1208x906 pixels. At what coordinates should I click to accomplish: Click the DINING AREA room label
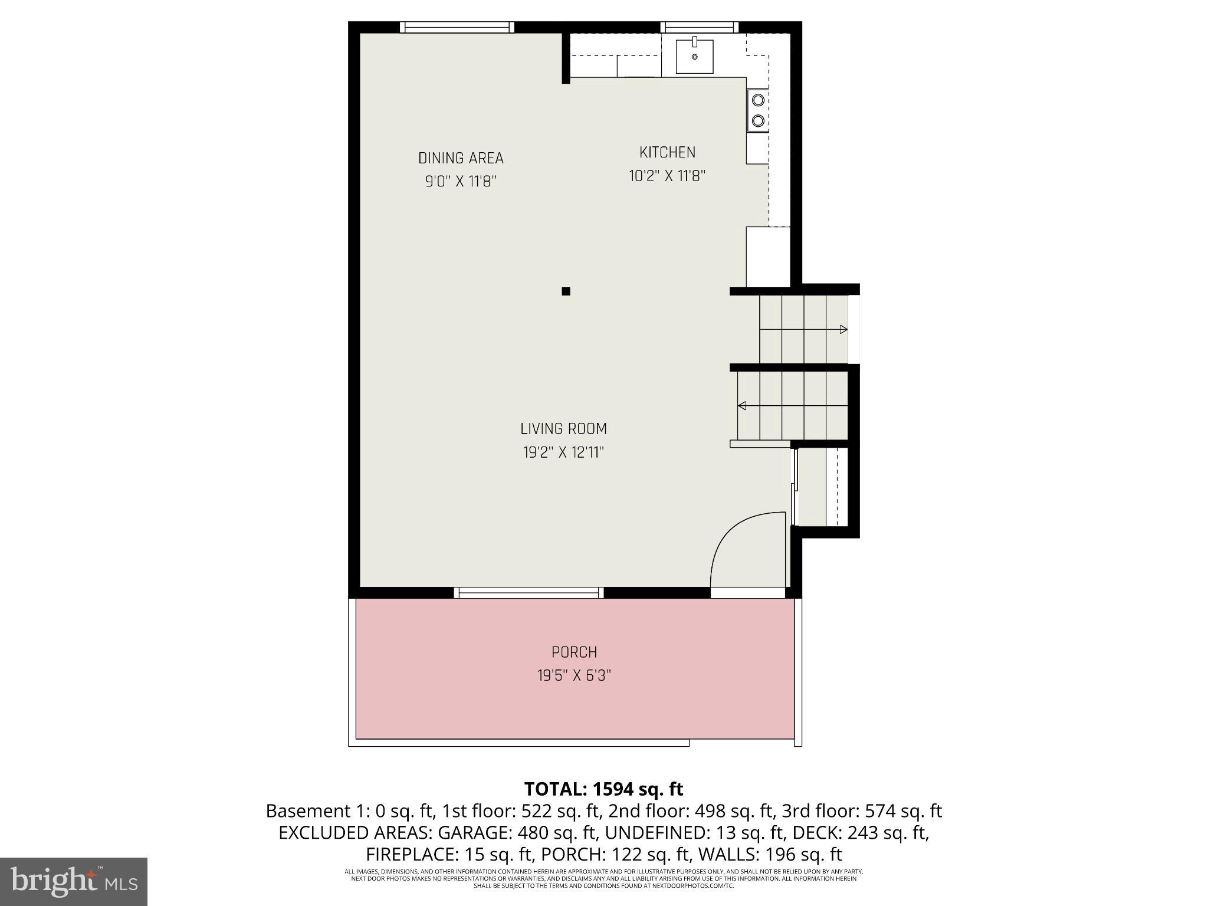tap(461, 158)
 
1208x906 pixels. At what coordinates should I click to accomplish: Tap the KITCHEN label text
tap(667, 152)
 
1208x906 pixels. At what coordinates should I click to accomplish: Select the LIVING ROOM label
tap(563, 429)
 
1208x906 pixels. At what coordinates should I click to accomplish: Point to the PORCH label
tap(574, 652)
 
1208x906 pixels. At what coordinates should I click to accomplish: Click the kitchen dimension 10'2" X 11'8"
tap(667, 176)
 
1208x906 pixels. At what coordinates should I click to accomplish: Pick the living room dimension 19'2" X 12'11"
tap(563, 452)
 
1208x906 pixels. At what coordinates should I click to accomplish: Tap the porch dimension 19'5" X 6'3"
tap(574, 675)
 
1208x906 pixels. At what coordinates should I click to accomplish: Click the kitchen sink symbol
tap(694, 56)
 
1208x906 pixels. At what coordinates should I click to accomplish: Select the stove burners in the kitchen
tap(757, 110)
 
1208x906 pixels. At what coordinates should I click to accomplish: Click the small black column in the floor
tap(566, 291)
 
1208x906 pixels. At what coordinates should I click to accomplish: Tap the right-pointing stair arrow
tap(843, 329)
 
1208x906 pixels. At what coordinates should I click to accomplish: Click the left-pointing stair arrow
tap(742, 405)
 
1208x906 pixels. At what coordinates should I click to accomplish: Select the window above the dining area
tap(457, 27)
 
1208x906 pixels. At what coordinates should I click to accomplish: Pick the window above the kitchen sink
tap(699, 27)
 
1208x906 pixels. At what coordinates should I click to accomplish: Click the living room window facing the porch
tap(528, 592)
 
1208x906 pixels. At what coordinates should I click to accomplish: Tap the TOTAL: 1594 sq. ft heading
tap(603, 789)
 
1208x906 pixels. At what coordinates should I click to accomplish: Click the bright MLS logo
tap(73, 881)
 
